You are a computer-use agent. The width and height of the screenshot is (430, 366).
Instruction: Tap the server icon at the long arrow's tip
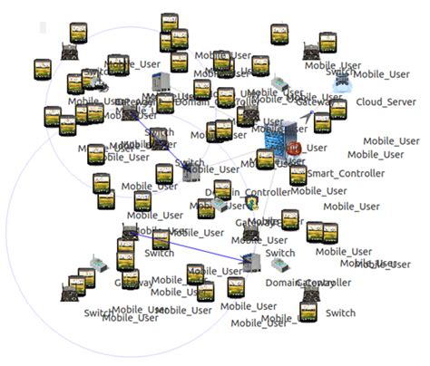(x=253, y=265)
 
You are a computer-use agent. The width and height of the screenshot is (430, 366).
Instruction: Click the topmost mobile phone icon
(x=170, y=22)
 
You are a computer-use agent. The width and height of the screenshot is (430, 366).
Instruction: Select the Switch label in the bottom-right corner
(x=340, y=313)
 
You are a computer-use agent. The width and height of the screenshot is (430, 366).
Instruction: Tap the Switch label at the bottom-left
(x=98, y=313)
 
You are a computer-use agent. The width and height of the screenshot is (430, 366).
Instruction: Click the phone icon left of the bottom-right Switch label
(x=308, y=313)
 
